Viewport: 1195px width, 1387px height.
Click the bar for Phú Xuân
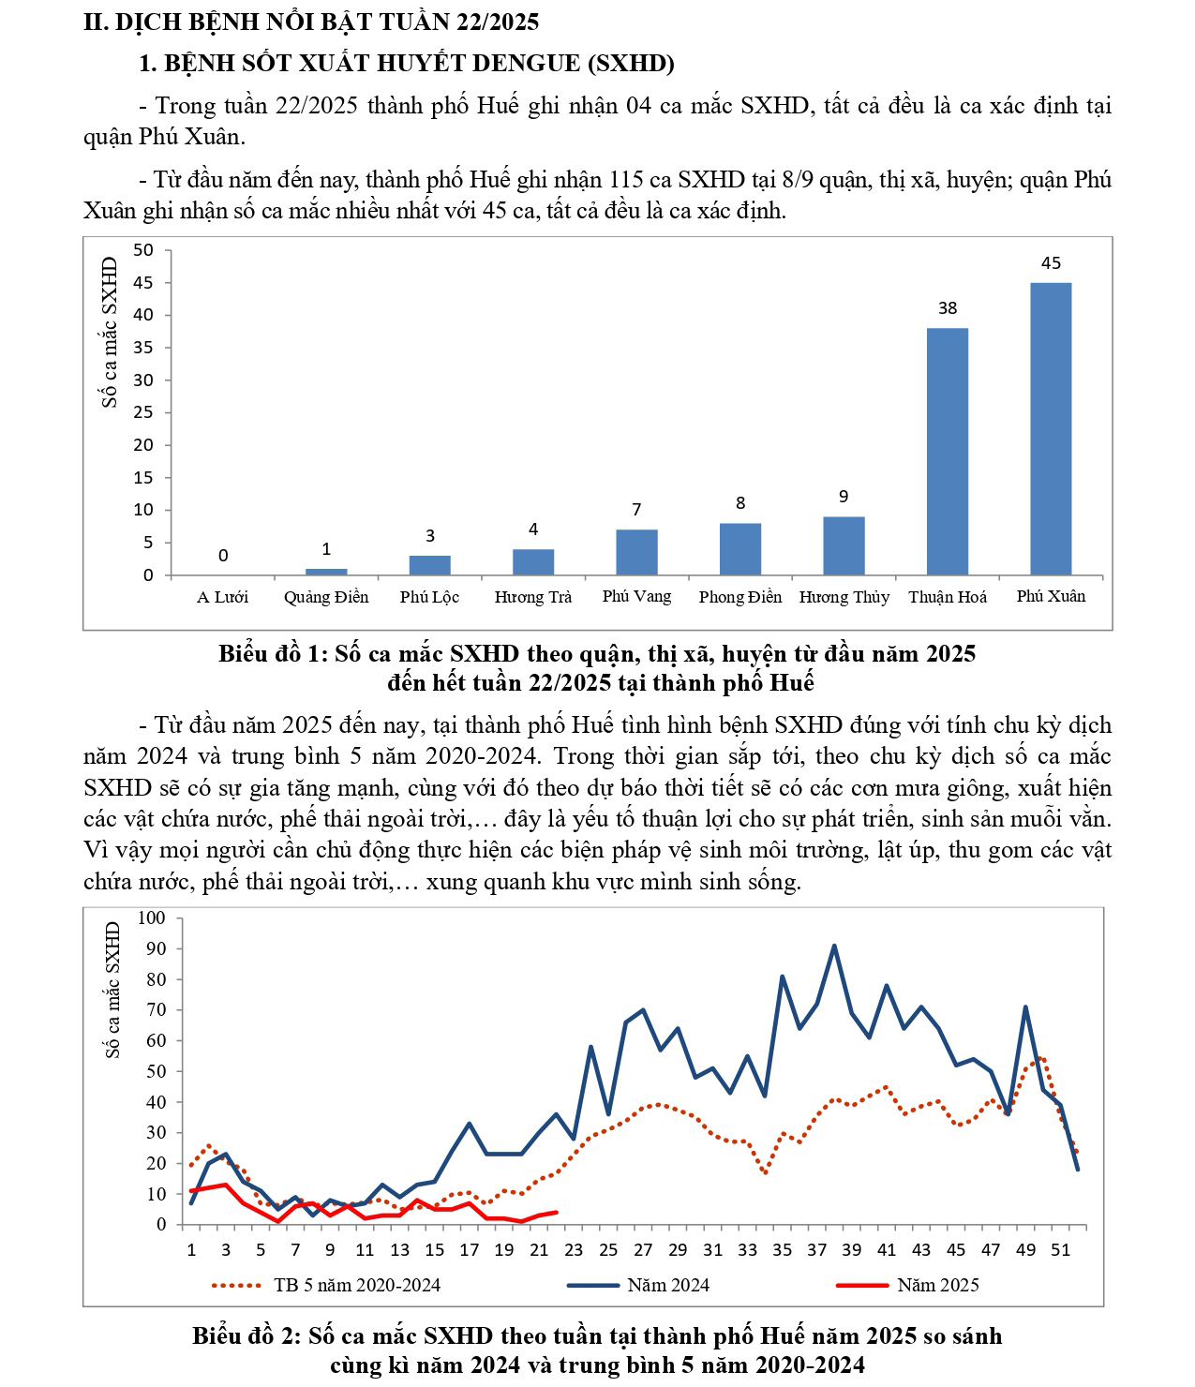point(1051,428)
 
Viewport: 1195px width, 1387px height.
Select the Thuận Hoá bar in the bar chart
point(947,451)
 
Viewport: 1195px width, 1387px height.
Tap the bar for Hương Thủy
point(844,545)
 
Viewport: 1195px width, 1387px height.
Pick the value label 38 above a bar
point(948,308)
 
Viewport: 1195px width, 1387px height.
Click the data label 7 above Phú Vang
point(636,510)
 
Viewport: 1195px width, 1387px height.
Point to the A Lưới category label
point(222,597)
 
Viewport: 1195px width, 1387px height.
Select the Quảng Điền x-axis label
point(326,597)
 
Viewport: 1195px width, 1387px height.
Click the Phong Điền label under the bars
point(739,597)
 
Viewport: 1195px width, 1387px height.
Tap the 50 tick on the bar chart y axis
point(142,250)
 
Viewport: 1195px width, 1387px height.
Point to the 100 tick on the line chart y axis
point(151,918)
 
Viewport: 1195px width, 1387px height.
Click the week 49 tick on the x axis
point(1026,1249)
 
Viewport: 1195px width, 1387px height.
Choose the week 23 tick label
point(574,1249)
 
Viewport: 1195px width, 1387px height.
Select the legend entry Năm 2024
point(667,1286)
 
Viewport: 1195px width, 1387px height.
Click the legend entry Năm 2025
point(937,1286)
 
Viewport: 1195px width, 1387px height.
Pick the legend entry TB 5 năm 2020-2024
point(356,1286)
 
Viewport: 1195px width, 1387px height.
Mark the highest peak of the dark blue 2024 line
point(834,947)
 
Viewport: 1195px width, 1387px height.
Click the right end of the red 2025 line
point(557,1212)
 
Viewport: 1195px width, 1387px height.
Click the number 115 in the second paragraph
point(627,180)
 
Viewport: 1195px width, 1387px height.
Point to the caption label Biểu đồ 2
point(246,1336)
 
